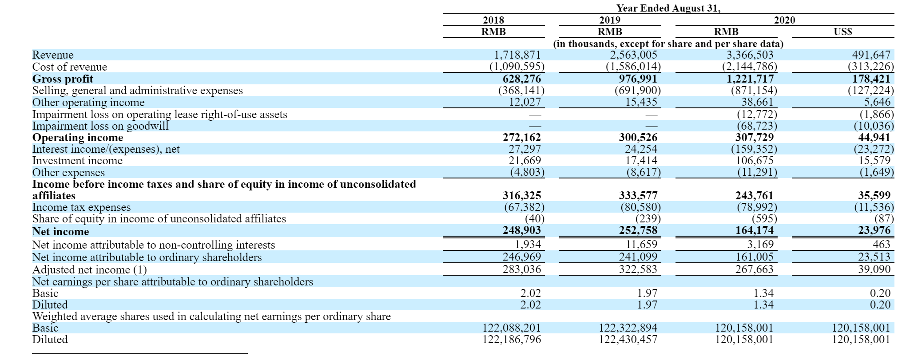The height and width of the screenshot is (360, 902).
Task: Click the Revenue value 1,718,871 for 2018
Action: (x=517, y=55)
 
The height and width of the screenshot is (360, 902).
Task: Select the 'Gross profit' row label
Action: (x=63, y=79)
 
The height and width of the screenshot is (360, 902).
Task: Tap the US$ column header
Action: (x=842, y=32)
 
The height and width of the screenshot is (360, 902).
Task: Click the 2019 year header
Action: (x=609, y=20)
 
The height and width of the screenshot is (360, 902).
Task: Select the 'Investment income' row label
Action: (x=77, y=161)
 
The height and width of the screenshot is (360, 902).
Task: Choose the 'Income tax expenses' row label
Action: (x=81, y=207)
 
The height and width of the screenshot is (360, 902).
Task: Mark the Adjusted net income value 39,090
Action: (x=874, y=269)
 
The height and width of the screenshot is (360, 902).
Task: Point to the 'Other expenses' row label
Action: (x=68, y=173)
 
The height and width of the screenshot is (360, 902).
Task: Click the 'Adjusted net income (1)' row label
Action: (x=89, y=270)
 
